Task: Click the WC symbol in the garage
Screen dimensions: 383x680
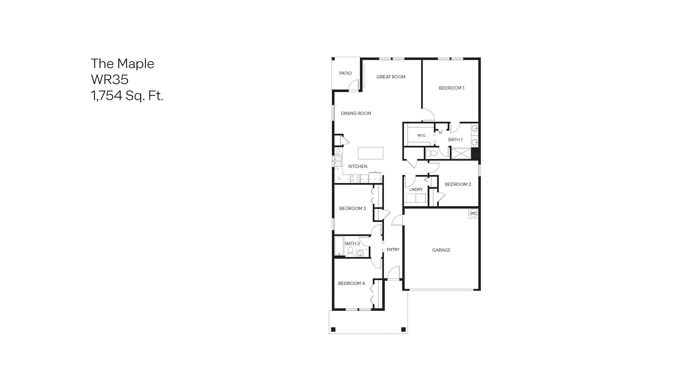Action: pos(474,213)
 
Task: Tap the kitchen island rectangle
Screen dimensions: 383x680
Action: pos(370,153)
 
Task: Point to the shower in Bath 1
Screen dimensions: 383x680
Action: pos(461,154)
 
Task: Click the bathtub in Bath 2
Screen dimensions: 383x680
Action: pos(339,246)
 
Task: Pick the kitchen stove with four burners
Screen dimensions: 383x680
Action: pos(355,178)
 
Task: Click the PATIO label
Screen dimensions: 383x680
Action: pos(345,73)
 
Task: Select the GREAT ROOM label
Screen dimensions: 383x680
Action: pos(391,77)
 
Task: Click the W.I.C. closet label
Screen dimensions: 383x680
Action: pos(421,135)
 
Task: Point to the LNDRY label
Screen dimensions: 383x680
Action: pos(416,189)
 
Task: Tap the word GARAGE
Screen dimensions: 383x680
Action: pos(441,250)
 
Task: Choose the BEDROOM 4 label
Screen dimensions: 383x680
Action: pos(351,283)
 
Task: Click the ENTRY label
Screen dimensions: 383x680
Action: pos(393,250)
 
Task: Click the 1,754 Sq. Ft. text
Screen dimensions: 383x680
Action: pos(127,96)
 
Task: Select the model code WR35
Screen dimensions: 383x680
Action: pos(109,79)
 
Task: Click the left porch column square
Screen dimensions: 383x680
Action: pos(333,330)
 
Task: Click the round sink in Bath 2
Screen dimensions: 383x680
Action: pos(361,253)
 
